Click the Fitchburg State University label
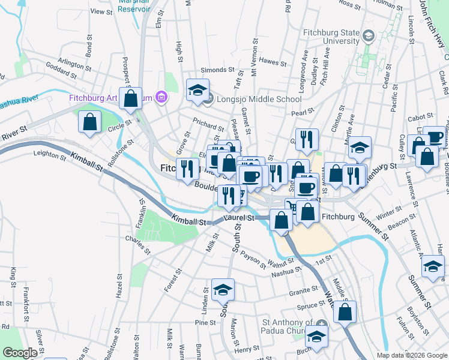[x=328, y=36]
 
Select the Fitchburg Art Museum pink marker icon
[x=160, y=97]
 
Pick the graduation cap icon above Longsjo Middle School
[x=197, y=90]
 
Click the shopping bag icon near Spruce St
[x=345, y=311]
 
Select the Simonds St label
[x=213, y=70]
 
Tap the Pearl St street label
[x=303, y=112]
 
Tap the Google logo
[x=20, y=353]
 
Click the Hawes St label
[x=274, y=62]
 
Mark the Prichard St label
[x=208, y=125]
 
